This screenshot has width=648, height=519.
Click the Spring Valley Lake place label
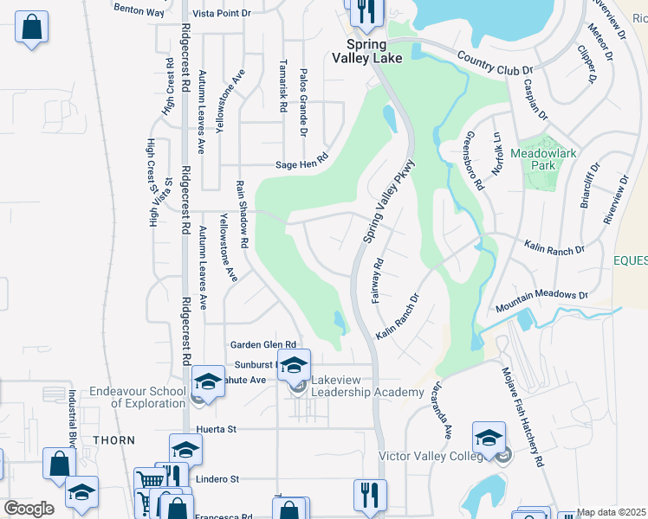362,51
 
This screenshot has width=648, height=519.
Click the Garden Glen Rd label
262,344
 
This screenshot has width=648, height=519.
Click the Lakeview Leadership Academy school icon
294,363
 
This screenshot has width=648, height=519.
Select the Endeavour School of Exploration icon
208,381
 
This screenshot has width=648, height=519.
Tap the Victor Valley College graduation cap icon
489,437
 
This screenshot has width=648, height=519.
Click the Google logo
28,509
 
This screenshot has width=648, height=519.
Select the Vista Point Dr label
221,13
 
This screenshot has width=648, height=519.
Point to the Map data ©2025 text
612,512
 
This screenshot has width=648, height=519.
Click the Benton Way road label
139,11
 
